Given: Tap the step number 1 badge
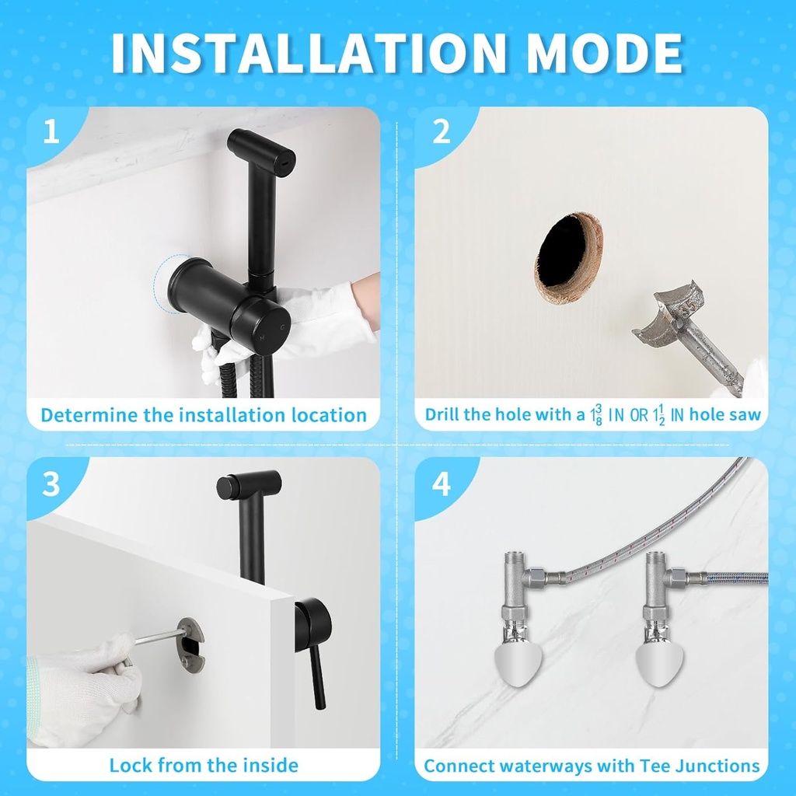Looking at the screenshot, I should [x=51, y=131].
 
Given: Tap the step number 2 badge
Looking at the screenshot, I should [x=442, y=131].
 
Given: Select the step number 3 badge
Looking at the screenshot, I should [x=51, y=484].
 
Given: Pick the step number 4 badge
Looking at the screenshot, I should [x=442, y=484].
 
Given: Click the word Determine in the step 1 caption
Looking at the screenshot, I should [x=89, y=415].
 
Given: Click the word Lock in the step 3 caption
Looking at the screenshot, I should [x=131, y=765].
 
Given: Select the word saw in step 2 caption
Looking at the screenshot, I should [x=745, y=415].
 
